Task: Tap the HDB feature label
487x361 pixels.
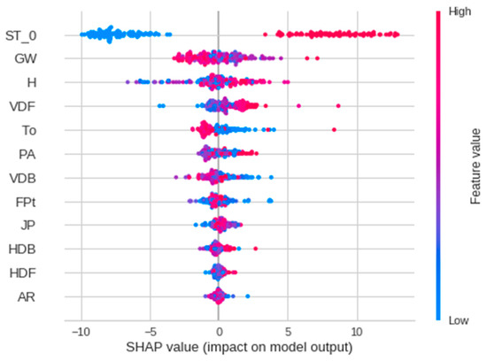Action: point(25,249)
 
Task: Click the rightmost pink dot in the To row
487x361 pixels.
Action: point(334,130)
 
